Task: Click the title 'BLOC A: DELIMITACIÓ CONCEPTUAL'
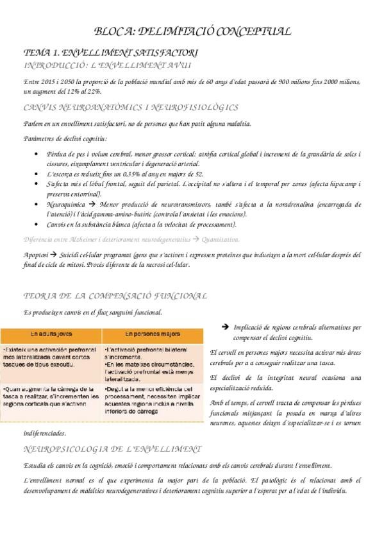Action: (192, 30)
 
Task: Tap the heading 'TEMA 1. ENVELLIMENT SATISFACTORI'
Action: (110, 52)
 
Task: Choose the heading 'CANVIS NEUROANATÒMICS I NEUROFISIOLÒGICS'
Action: (130, 107)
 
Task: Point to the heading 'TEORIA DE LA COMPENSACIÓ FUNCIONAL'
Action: (115, 296)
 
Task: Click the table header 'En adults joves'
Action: (51, 334)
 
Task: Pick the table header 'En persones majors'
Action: (151, 334)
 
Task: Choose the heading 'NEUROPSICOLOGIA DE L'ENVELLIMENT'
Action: (112, 448)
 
